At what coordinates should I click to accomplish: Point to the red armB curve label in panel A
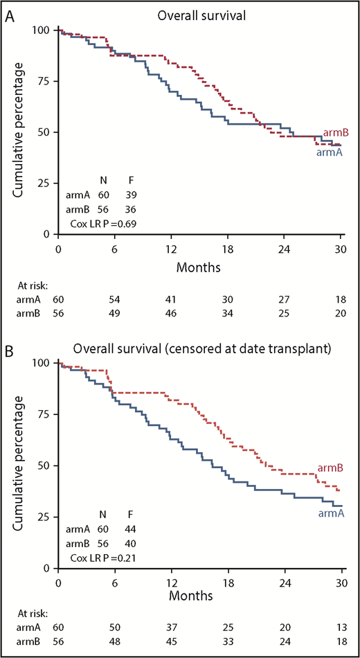(335, 133)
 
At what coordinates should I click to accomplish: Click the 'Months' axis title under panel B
(199, 594)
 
